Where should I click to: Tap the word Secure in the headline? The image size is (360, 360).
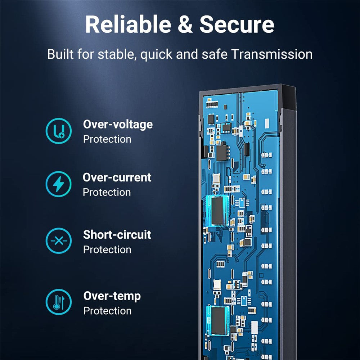237,24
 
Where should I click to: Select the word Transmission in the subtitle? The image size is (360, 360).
271,54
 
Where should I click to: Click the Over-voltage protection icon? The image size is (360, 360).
58,131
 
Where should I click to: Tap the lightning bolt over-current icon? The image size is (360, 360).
58,184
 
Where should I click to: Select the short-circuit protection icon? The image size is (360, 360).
58,241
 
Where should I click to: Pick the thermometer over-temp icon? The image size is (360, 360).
58,302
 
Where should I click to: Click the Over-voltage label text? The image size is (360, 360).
118,125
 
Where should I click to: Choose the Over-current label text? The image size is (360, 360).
117,177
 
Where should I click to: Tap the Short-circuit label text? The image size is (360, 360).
117,235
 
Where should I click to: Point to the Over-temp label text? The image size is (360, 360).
112,296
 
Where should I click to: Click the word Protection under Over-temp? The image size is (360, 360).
107,311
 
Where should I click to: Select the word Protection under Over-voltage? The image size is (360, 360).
107,139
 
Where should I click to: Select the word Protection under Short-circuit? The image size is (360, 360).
107,249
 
